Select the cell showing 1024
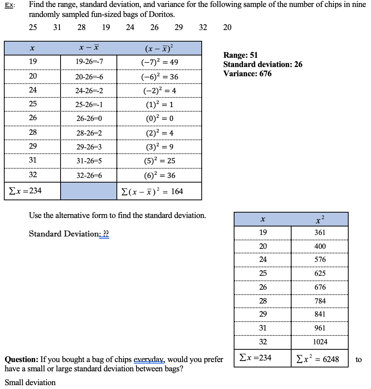320,342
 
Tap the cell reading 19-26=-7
89,62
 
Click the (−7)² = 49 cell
159,62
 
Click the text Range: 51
240,55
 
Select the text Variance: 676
247,74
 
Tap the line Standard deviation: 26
263,64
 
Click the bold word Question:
21,359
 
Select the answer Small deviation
30,382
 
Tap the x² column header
320,220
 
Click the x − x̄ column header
89,48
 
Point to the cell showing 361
320,232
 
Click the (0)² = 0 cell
159,119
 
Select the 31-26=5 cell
89,161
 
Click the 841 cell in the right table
320,314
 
